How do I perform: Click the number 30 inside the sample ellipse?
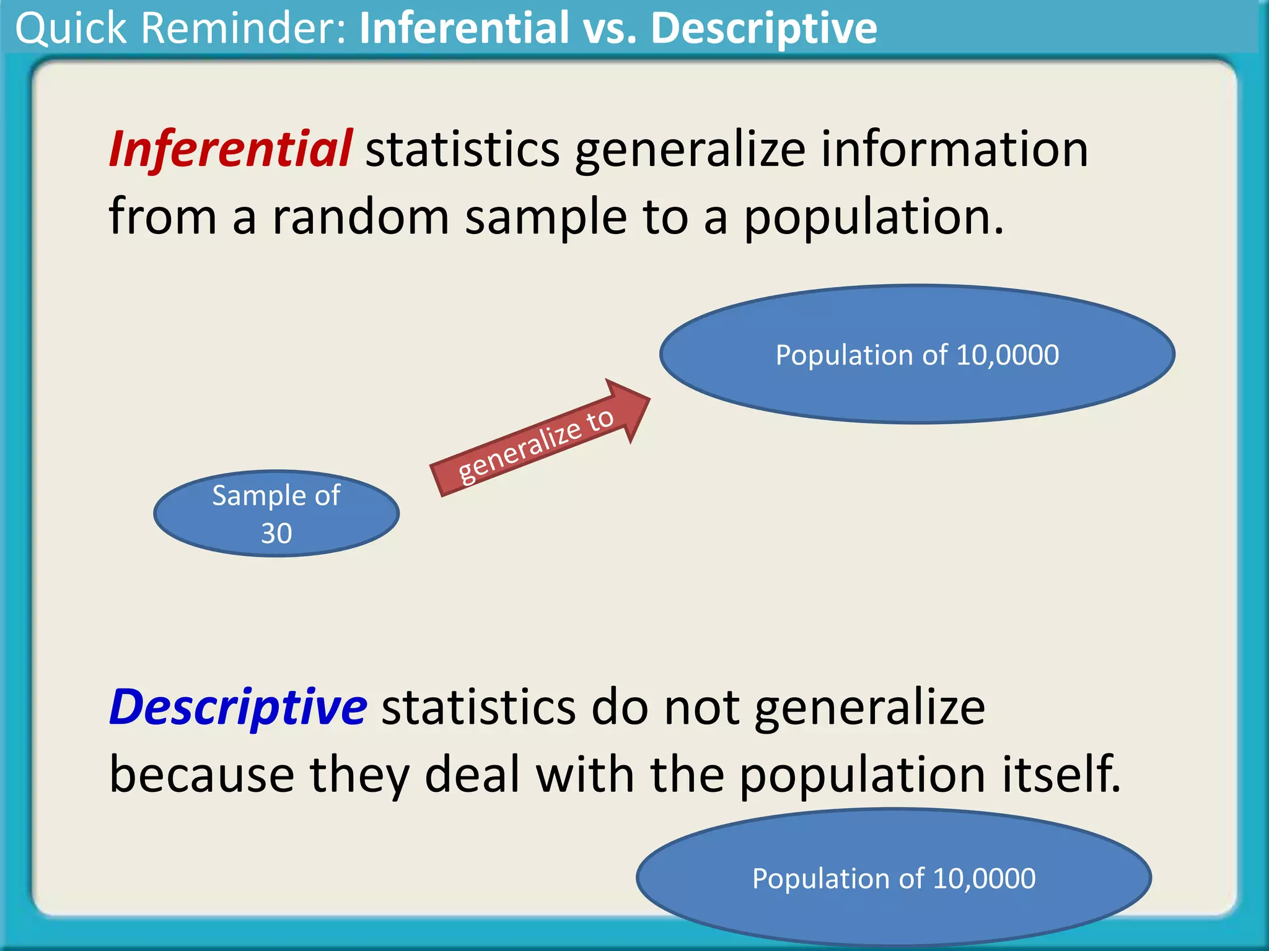pos(276,534)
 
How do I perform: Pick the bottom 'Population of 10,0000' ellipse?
pos(894,878)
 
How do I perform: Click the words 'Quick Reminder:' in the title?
pos(180,28)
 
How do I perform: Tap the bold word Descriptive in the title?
pos(763,28)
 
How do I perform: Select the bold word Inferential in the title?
pos(464,28)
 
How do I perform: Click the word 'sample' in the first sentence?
pos(546,218)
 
